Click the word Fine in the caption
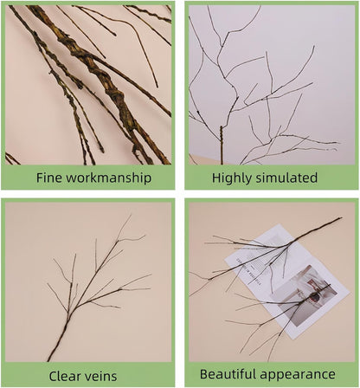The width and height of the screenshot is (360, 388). (50, 178)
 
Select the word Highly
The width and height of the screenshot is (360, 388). (233, 178)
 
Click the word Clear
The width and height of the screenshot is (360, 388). (67, 376)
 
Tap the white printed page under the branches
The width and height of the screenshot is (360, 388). (260, 251)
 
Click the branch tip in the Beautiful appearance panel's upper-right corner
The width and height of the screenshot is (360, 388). (337, 221)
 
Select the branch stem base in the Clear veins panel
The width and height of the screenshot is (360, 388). (52, 354)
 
